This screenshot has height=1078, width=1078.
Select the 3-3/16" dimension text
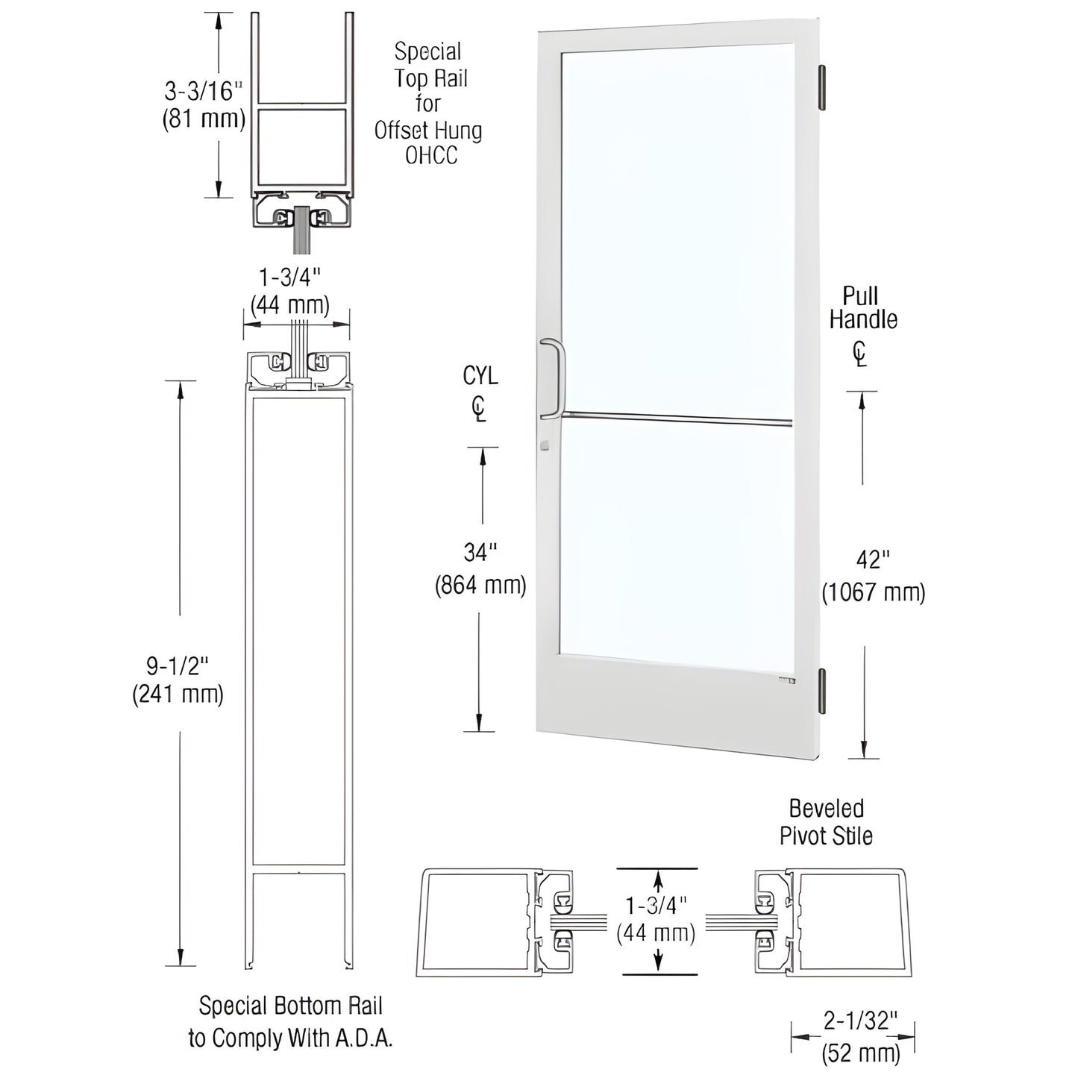tap(203, 92)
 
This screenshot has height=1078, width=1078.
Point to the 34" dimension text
tap(480, 553)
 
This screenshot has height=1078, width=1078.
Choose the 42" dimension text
tap(873, 560)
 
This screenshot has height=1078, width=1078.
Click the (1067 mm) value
tap(874, 593)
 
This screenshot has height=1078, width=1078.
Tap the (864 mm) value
tap(480, 586)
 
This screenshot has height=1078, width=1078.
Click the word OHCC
tap(430, 156)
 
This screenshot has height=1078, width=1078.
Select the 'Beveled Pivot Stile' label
tap(826, 823)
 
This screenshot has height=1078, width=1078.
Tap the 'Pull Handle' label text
tap(863, 307)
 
